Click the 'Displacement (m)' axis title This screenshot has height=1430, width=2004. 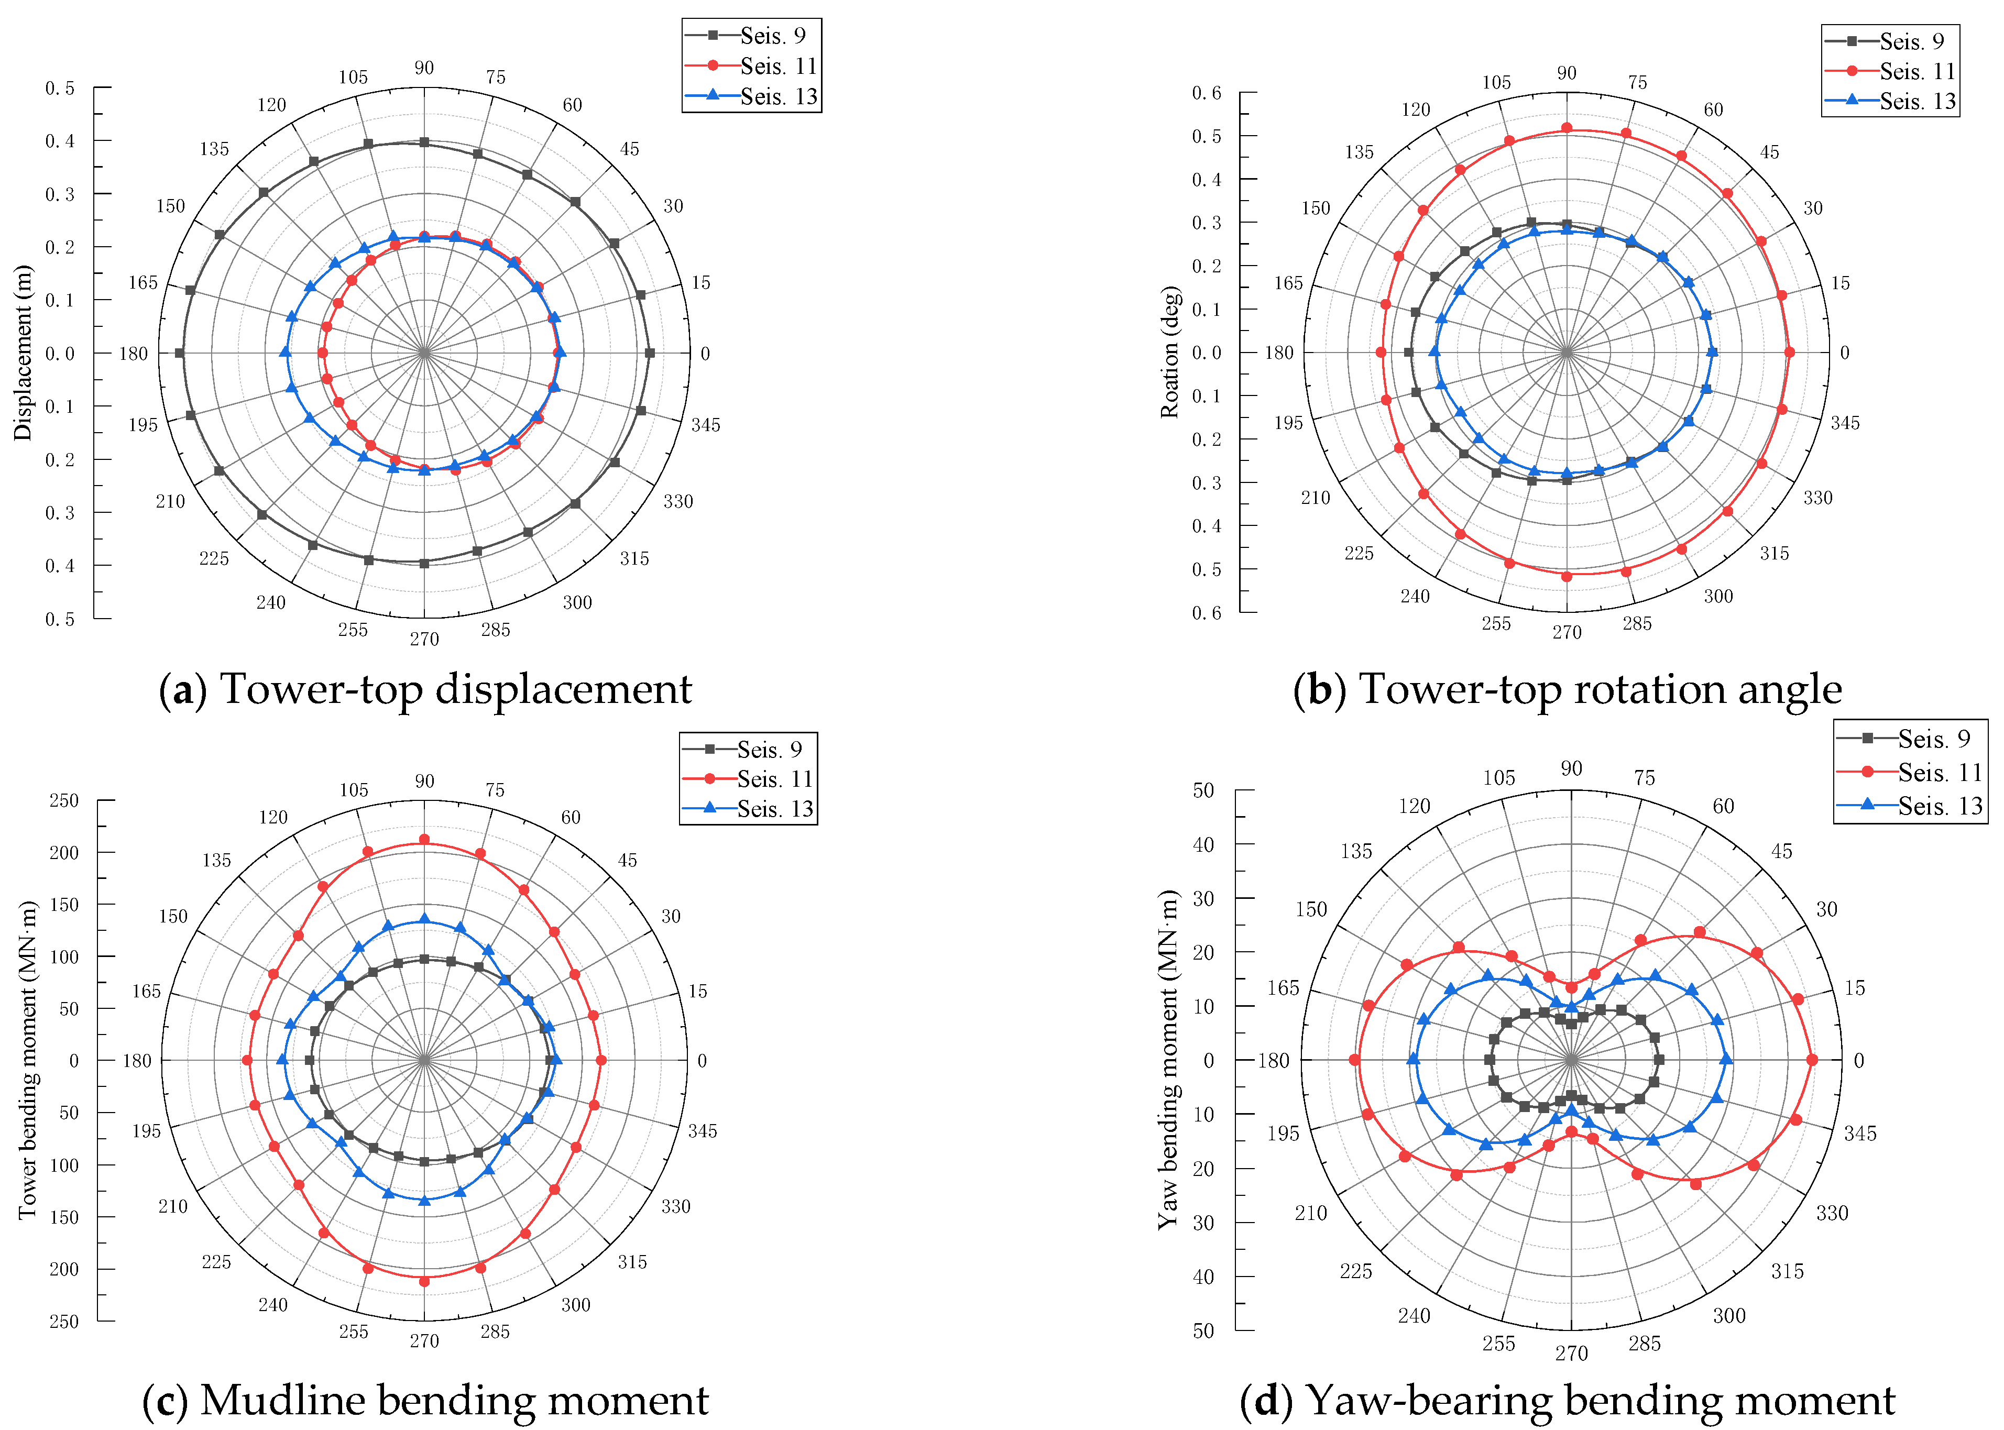coord(23,352)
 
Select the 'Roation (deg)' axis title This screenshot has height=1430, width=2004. coord(1169,352)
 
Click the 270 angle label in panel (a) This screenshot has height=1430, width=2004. coord(424,639)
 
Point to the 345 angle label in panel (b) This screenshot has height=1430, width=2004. coord(1845,423)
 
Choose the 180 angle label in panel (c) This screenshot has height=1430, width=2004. coord(136,1060)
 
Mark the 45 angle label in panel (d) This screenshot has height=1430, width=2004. coord(1781,851)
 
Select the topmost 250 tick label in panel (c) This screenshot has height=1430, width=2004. coord(63,800)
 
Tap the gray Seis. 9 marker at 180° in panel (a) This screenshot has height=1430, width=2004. coord(180,353)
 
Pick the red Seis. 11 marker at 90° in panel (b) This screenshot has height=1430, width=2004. coord(1567,128)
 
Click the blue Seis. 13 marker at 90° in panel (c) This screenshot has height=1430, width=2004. coord(424,919)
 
